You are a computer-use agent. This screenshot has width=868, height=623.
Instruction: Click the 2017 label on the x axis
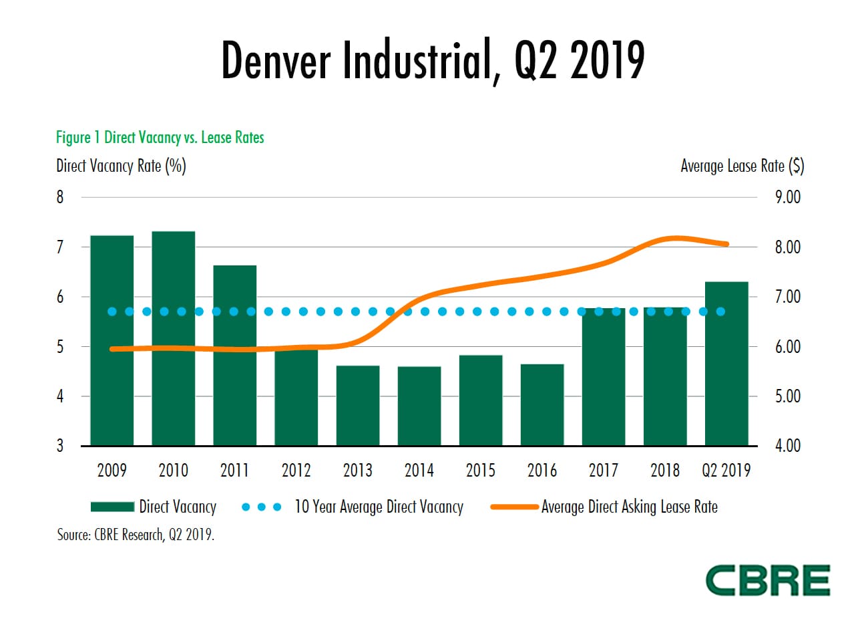point(604,471)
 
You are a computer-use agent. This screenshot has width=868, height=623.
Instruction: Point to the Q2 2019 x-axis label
point(726,471)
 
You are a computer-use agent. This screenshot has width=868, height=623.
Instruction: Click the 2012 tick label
point(296,471)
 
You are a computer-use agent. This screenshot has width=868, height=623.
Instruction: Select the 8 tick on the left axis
point(60,197)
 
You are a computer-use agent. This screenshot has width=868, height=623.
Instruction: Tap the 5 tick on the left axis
point(60,347)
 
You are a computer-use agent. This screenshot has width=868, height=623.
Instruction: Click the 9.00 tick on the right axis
point(788,197)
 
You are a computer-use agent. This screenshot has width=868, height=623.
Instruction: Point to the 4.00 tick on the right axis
point(788,446)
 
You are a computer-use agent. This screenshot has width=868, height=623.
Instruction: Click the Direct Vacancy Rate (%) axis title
point(121,166)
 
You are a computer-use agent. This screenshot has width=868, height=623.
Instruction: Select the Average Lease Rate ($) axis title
point(742,166)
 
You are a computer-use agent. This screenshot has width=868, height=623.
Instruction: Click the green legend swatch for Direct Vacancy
point(112,507)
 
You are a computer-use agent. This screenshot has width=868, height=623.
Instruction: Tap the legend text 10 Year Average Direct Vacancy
point(379,507)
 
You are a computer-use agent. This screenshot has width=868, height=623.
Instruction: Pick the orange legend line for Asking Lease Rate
point(514,507)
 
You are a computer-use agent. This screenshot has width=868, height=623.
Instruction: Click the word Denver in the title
point(275,61)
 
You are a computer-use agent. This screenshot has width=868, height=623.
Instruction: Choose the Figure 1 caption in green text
point(160,138)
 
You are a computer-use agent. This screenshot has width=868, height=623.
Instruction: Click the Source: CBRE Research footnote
point(136,535)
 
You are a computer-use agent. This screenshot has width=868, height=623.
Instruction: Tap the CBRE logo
point(768,580)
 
